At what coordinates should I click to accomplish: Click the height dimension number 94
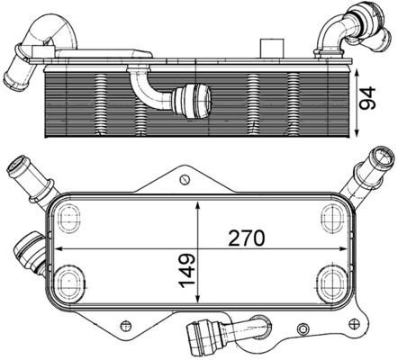pyautogui.click(x=367, y=98)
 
